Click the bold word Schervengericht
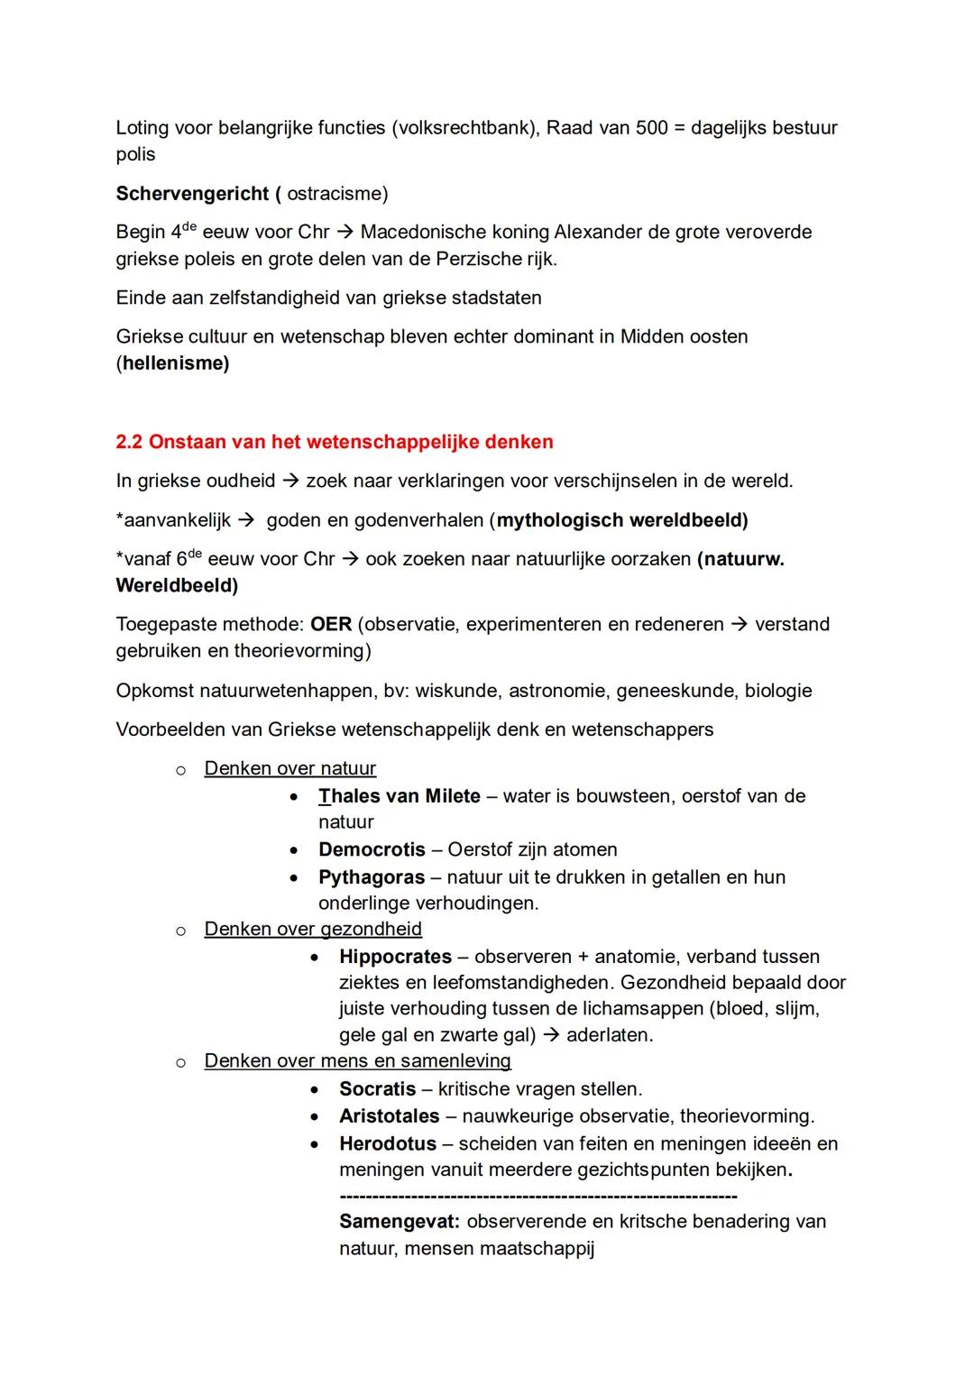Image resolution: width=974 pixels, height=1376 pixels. (192, 194)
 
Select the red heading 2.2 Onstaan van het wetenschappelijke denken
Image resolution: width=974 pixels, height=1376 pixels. (335, 442)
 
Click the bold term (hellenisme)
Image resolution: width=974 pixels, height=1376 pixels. (172, 363)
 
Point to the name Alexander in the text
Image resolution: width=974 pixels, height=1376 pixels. (596, 232)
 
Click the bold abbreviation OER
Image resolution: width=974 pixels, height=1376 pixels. (331, 624)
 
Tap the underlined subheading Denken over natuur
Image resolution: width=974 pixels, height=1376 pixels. (289, 768)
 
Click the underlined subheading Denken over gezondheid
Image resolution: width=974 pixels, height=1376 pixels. (313, 929)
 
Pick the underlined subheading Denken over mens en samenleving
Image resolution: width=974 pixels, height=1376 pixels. (357, 1060)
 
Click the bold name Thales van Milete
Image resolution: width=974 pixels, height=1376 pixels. (400, 796)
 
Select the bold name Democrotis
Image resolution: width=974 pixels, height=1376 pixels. (372, 849)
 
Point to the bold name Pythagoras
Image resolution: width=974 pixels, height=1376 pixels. (372, 877)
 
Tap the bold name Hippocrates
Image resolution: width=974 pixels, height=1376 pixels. (395, 957)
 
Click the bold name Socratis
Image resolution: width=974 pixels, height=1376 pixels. (377, 1088)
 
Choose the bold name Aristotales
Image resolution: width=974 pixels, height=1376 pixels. (389, 1116)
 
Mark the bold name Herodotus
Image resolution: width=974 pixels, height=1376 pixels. (388, 1143)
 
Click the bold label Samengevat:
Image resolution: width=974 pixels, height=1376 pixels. (400, 1222)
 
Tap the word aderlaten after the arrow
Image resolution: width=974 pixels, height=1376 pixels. (610, 1035)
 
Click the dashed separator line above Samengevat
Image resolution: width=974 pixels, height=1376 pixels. (538, 1197)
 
